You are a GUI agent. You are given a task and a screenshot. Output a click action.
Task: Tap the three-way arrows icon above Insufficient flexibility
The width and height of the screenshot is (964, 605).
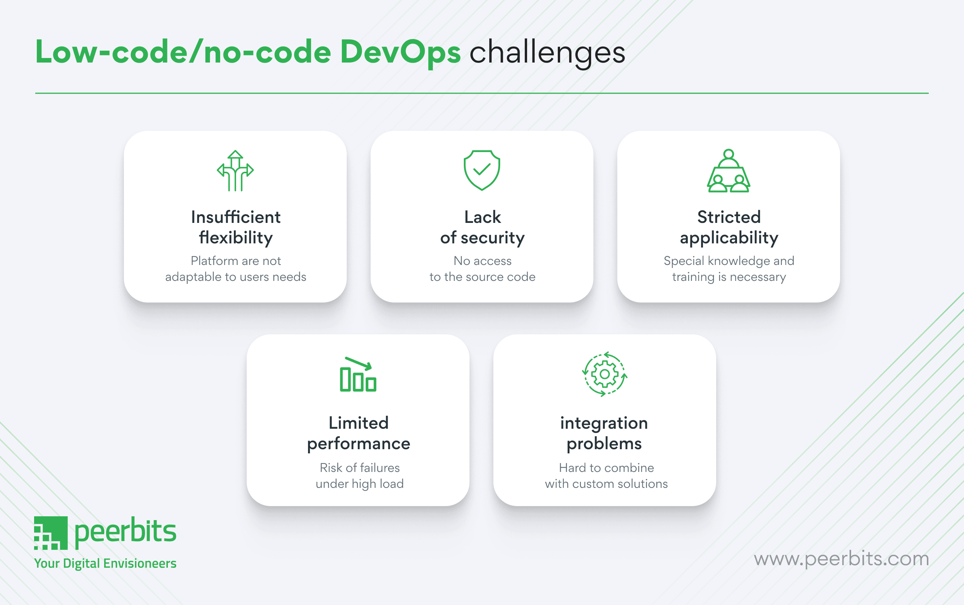235,171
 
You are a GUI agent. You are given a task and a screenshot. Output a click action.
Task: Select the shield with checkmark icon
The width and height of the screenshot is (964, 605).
482,170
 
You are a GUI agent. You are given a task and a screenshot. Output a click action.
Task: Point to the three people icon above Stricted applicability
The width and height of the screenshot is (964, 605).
728,171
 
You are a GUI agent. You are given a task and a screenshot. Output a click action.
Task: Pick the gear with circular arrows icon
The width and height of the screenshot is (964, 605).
604,374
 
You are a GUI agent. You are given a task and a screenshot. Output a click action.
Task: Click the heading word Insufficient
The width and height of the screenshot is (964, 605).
236,217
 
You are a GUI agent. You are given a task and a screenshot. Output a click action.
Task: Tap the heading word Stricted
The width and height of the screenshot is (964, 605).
729,217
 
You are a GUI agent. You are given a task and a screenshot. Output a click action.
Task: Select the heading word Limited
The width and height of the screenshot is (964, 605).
358,423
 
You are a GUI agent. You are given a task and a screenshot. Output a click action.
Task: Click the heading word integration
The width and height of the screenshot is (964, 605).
604,423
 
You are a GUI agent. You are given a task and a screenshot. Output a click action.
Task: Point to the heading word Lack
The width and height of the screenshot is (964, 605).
482,217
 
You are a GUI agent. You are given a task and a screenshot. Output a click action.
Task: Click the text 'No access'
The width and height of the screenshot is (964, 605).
482,261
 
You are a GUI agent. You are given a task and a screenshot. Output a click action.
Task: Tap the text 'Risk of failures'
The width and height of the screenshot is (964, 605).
360,468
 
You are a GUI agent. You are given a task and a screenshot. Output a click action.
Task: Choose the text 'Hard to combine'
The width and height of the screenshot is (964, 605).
606,468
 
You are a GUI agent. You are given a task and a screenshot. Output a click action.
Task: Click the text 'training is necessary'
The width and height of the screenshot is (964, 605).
729,277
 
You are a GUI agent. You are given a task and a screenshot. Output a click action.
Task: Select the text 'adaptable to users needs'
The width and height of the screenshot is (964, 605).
236,277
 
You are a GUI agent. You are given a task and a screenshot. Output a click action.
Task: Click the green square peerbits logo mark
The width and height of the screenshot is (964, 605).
51,533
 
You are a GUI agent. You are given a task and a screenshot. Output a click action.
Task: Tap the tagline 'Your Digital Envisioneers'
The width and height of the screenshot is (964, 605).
105,563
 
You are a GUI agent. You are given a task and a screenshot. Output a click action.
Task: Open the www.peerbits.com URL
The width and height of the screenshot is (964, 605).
841,559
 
